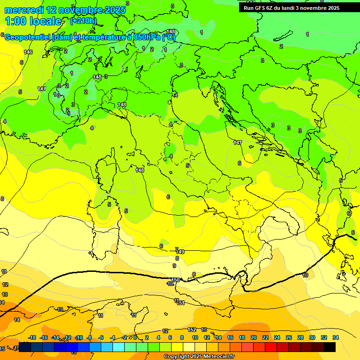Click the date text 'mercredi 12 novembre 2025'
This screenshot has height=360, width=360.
pos(65,10)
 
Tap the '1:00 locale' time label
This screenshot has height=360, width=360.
pos(33,21)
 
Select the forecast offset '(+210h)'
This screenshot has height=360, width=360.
pos(83,21)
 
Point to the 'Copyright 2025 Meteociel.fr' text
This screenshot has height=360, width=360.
pos(199,357)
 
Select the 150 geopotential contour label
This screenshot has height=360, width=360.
pos(175,280)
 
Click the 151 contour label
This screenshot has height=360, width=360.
pos(181,303)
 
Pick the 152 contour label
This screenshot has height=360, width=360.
pos(192,330)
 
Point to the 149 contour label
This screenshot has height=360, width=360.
pos(180,252)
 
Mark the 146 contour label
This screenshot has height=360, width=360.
pos(28,52)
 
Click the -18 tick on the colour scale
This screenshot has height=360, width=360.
pos(32,337)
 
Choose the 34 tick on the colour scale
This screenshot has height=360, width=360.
pos(336,337)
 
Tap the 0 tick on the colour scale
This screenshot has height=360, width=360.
pos(135,337)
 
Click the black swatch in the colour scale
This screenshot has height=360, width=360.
pos(330,347)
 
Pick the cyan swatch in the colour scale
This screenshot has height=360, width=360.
pos(119,347)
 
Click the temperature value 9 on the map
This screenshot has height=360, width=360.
pos(174,266)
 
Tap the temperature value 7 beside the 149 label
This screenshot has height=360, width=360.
pos(176,249)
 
